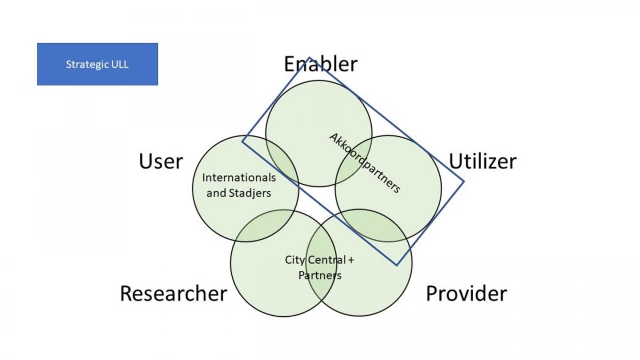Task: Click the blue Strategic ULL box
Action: (x=98, y=65)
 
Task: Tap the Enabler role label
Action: (x=321, y=64)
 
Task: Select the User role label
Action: (x=161, y=162)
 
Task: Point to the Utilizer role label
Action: (x=483, y=162)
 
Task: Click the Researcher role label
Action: (x=173, y=294)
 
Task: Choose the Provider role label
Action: (x=467, y=294)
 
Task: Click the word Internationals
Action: (x=239, y=178)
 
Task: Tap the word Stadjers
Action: (x=250, y=194)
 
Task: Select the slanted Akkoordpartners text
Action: (x=365, y=163)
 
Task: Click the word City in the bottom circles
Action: (x=295, y=260)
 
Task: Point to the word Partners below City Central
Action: (x=320, y=275)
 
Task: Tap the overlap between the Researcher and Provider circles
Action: (x=321, y=263)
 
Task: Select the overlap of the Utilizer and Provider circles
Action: (x=375, y=226)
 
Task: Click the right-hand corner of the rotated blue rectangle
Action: (x=463, y=181)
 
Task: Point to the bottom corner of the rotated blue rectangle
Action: (x=397, y=266)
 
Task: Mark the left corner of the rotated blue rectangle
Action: (x=242, y=141)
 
